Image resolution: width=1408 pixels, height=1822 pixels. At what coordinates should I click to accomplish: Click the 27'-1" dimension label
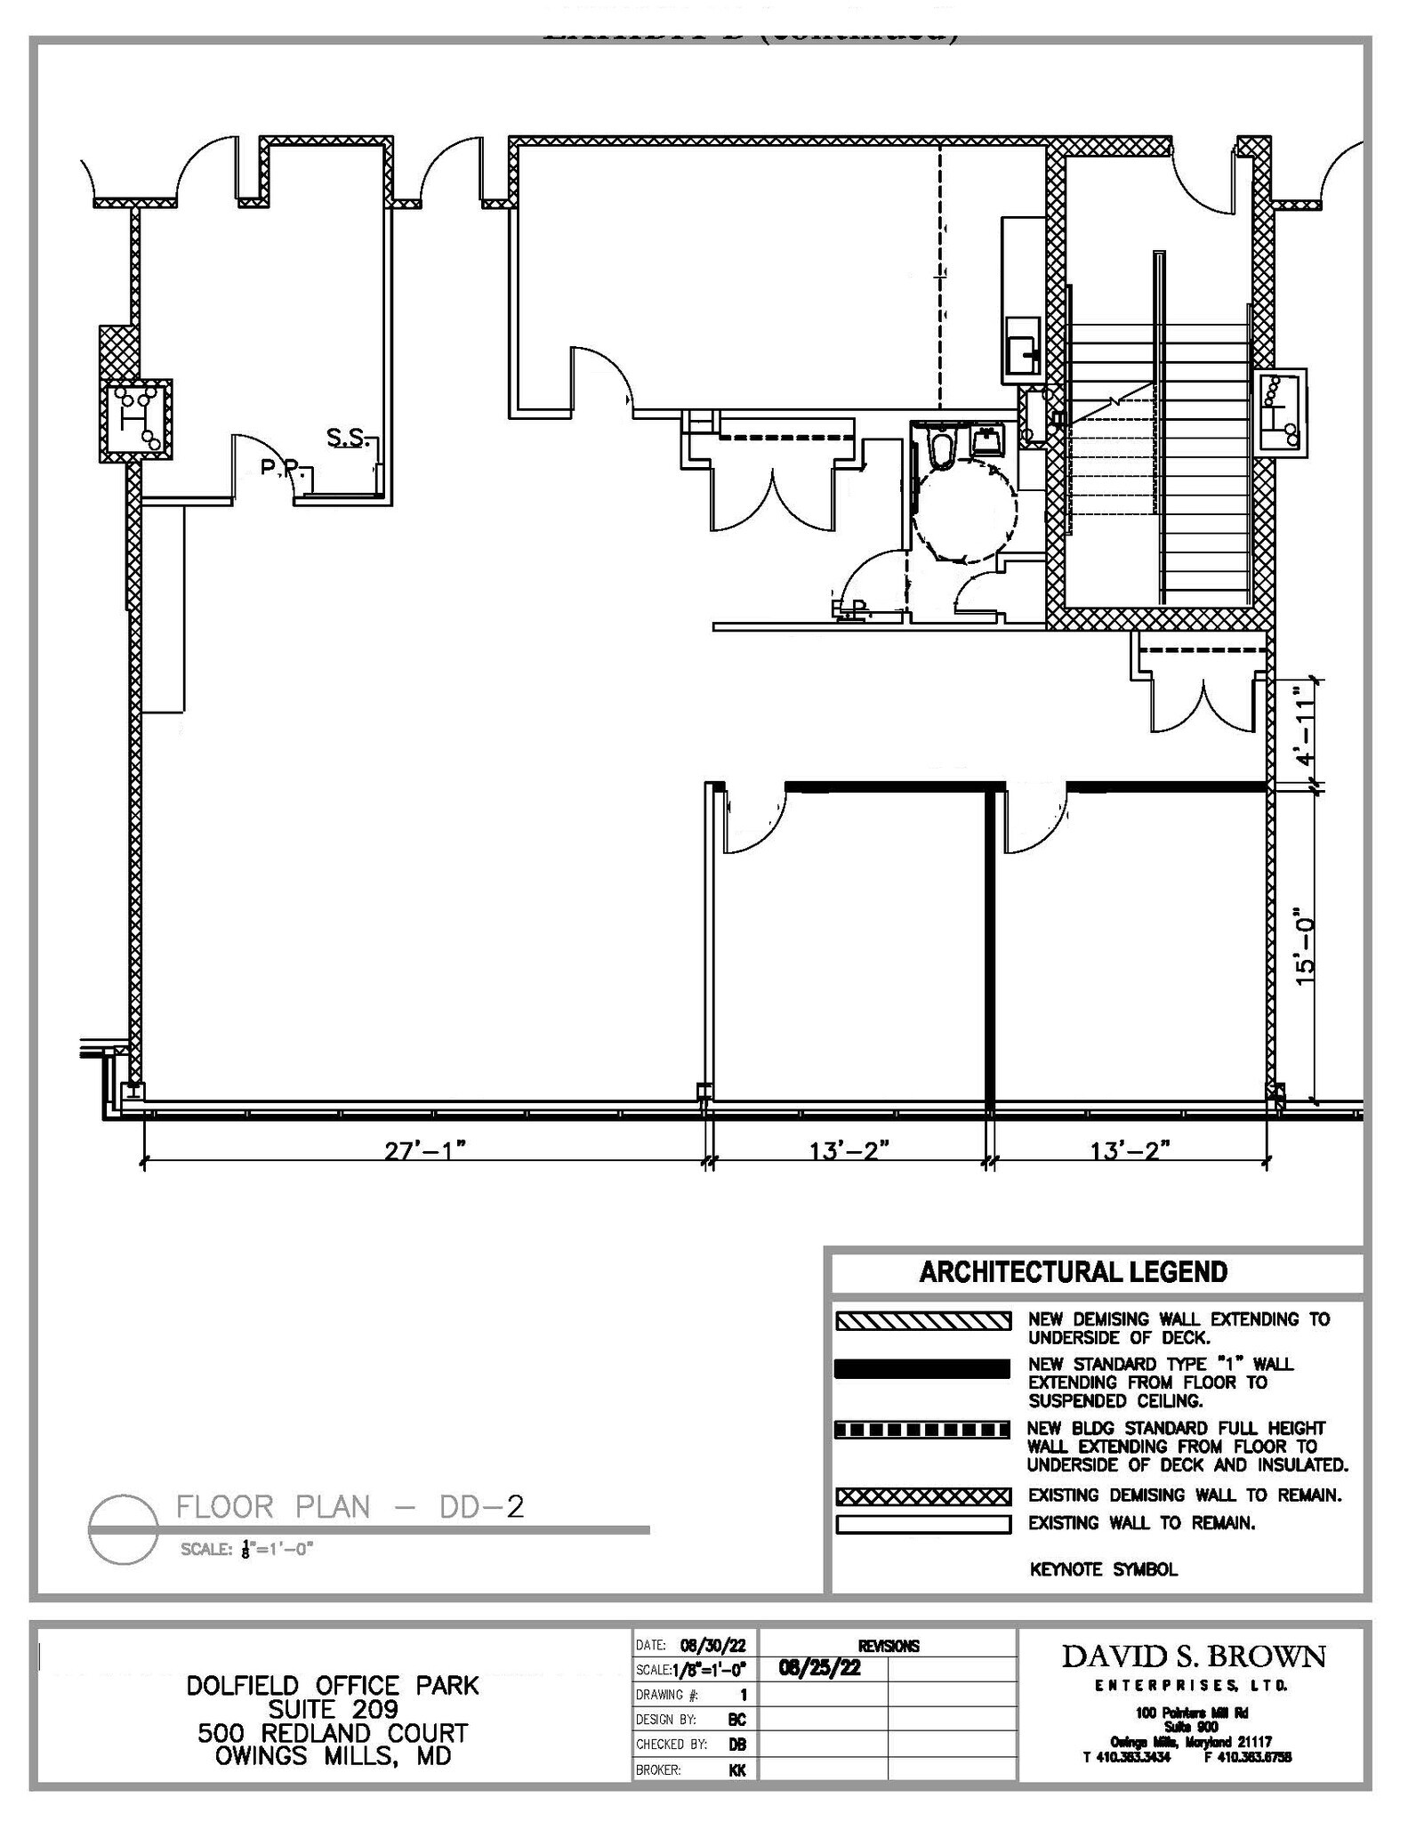425,1150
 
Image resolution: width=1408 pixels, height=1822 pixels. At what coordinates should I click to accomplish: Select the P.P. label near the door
279,466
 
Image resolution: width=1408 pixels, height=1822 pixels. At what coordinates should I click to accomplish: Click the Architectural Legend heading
1073,1271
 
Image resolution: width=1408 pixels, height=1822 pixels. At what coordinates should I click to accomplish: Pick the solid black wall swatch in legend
922,1368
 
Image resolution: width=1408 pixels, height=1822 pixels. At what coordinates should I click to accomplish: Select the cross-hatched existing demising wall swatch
922,1495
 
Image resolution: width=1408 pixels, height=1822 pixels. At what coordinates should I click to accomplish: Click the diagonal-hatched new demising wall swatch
922,1321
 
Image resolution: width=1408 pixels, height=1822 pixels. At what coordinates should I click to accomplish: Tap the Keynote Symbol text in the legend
1103,1569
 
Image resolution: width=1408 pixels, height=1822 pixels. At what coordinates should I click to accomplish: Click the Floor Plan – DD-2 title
350,1507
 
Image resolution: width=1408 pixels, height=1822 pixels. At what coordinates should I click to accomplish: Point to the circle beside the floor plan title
123,1528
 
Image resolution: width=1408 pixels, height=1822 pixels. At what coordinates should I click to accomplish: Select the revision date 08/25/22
819,1667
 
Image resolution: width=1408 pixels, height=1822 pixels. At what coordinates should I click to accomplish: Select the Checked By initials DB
737,1745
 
